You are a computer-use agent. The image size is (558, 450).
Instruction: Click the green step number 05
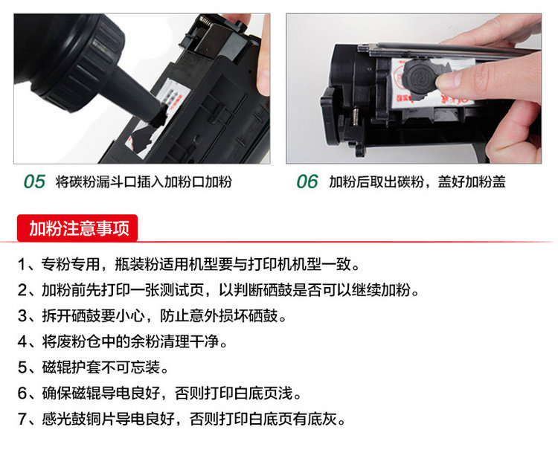pos(34,181)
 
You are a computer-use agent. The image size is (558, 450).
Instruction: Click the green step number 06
pos(307,181)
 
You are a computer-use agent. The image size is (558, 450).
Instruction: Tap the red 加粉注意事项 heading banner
pos(77,228)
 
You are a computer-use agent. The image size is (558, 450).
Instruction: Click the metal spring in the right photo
pos(355,117)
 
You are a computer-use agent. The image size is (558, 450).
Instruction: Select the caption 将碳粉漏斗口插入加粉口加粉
pos(144,181)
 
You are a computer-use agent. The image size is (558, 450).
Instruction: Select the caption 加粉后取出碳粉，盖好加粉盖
pos(417,181)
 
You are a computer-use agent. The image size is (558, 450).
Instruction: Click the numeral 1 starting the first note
pos(22,264)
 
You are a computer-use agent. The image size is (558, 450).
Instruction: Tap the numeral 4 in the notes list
pos(22,342)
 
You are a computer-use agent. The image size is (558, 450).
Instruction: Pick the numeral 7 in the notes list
pos(22,419)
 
